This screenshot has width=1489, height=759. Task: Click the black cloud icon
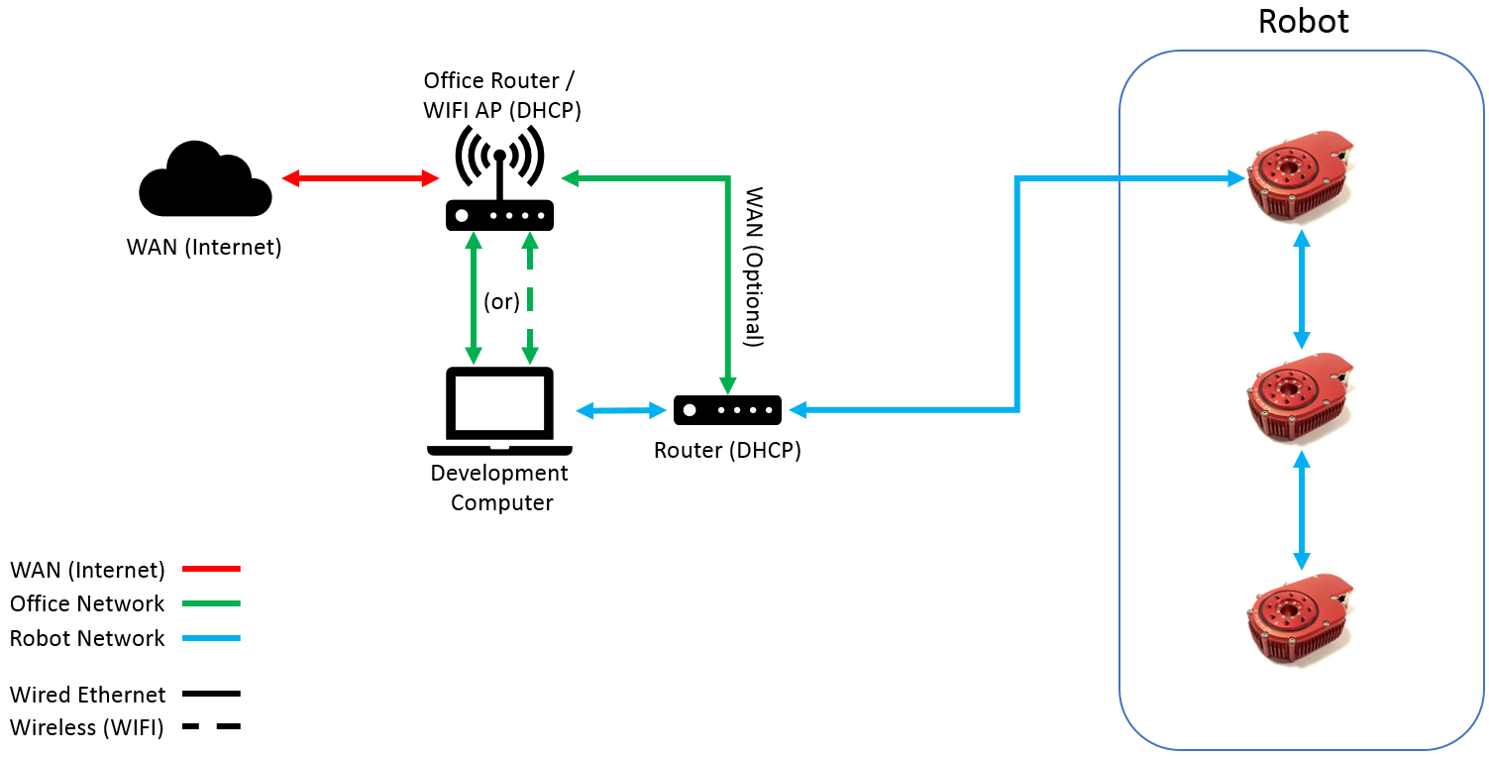coord(205,180)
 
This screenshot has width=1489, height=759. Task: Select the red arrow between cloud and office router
coord(361,178)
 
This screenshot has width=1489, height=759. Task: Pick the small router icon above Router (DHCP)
coord(727,410)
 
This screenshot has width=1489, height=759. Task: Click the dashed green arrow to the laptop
coord(531,297)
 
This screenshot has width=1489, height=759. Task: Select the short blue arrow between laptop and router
coord(621,409)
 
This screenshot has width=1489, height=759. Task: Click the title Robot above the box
coord(1303,22)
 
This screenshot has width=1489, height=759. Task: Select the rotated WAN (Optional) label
coord(754,267)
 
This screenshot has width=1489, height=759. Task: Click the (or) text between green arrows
coord(501,301)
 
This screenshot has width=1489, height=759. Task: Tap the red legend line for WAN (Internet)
coord(212,569)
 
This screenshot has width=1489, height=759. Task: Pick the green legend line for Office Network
coord(212,603)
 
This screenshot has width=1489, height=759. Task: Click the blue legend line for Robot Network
coord(212,638)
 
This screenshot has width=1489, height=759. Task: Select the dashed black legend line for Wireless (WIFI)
coord(212,727)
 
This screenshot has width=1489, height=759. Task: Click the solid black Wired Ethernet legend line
coord(212,694)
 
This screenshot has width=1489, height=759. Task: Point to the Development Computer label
coord(500,488)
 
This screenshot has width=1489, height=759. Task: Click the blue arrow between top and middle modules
coord(1302,289)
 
